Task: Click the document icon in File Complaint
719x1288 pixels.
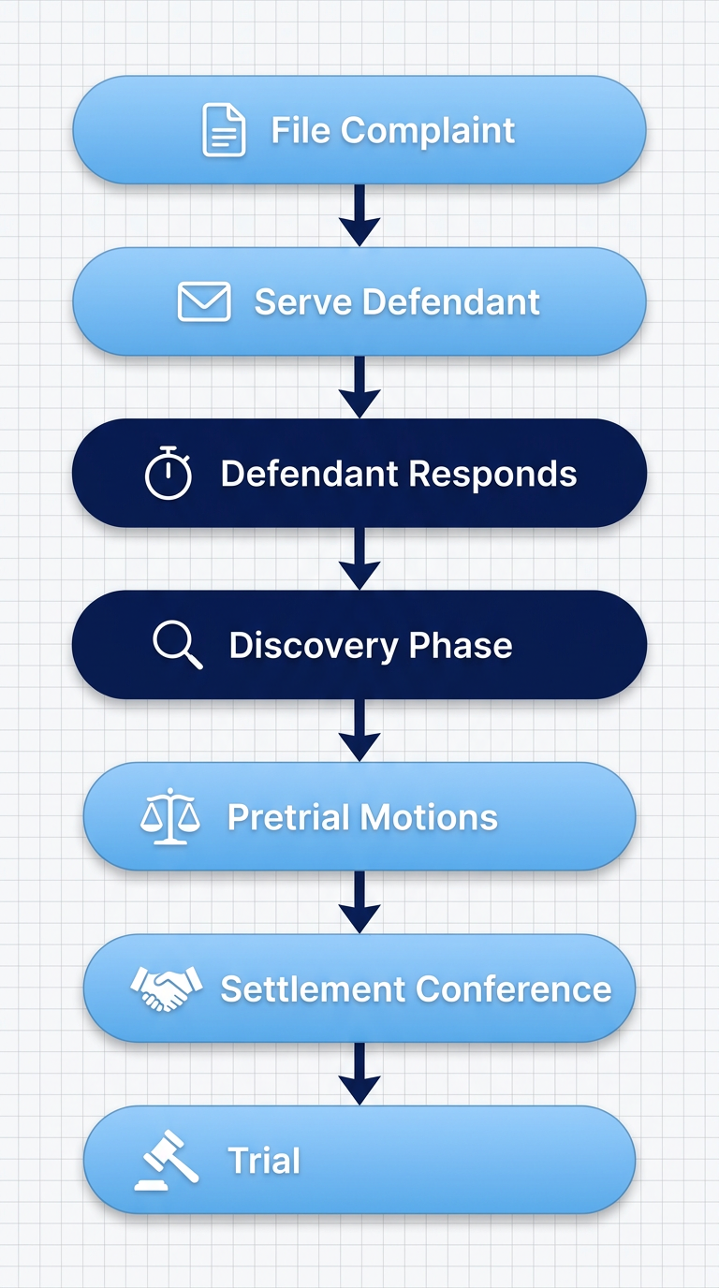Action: pos(224,130)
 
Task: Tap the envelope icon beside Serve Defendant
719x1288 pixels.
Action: pos(204,302)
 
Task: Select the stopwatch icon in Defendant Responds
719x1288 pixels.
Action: pos(169,474)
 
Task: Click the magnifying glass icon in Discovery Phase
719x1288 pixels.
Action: pos(178,646)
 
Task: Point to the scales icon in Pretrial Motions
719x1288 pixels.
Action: pos(169,817)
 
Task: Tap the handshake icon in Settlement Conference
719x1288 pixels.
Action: pos(167,988)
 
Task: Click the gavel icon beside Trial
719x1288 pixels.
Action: pos(166,1161)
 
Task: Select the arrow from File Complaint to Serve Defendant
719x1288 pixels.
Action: pos(359,215)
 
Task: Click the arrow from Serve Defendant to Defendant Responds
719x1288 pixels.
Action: pos(359,387)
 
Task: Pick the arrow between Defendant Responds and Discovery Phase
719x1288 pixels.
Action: pos(359,559)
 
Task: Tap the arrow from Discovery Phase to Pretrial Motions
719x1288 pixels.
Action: pos(359,730)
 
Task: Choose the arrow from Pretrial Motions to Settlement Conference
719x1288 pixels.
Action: pos(359,902)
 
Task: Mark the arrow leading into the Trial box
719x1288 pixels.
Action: pos(359,1074)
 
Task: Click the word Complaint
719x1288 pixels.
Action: pos(428,131)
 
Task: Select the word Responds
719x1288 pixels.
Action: pos(490,474)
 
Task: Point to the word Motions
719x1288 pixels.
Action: pos(430,817)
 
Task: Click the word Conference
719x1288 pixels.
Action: pos(513,989)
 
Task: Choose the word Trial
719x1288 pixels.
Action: pos(264,1161)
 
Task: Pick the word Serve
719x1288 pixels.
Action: pos(302,302)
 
